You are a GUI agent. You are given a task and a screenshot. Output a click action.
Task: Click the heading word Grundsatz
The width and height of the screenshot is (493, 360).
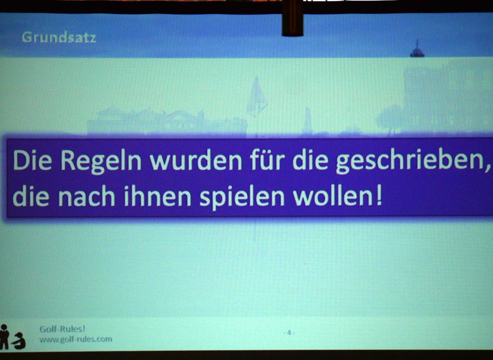click(59, 38)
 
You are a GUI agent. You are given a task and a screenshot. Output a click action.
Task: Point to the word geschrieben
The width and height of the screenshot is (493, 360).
click(407, 161)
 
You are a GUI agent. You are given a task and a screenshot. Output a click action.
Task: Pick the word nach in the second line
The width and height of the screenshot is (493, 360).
click(87, 196)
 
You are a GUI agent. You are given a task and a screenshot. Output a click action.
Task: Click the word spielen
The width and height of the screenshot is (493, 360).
click(242, 197)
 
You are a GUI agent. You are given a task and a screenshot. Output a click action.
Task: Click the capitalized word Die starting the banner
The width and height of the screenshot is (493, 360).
click(32, 160)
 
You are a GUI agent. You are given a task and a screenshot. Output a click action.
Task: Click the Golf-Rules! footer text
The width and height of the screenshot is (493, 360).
click(62, 329)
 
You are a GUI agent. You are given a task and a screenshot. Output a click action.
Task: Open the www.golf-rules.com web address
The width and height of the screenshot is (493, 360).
click(76, 339)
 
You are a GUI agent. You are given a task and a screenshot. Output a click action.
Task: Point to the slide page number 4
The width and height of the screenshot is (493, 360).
click(289, 333)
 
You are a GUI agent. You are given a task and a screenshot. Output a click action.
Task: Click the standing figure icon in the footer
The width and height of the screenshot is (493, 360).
click(4, 337)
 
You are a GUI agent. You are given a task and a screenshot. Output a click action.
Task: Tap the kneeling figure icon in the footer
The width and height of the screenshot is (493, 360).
click(19, 341)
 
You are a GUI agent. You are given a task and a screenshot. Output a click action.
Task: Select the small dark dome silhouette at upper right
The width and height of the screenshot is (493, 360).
click(417, 49)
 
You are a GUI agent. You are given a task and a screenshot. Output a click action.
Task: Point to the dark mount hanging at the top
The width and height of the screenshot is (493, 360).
click(292, 18)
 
